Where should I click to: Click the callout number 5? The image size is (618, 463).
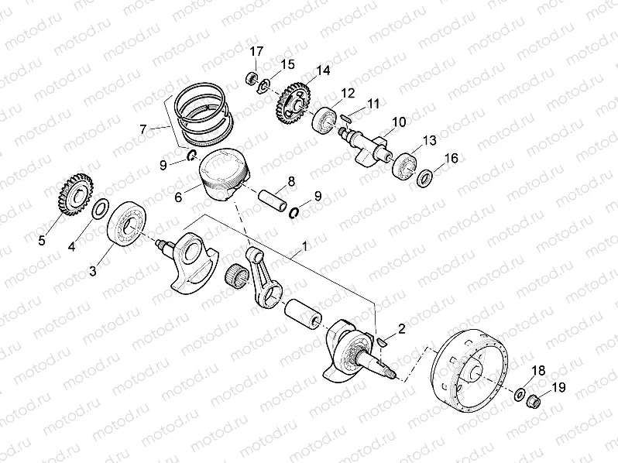click(42, 239)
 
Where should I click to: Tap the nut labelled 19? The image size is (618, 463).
click(533, 400)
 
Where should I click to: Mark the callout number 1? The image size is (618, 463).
click(305, 246)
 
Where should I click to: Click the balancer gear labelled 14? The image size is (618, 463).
click(292, 104)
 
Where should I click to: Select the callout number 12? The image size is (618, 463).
click(348, 93)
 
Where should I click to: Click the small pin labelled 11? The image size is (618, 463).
click(348, 118)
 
